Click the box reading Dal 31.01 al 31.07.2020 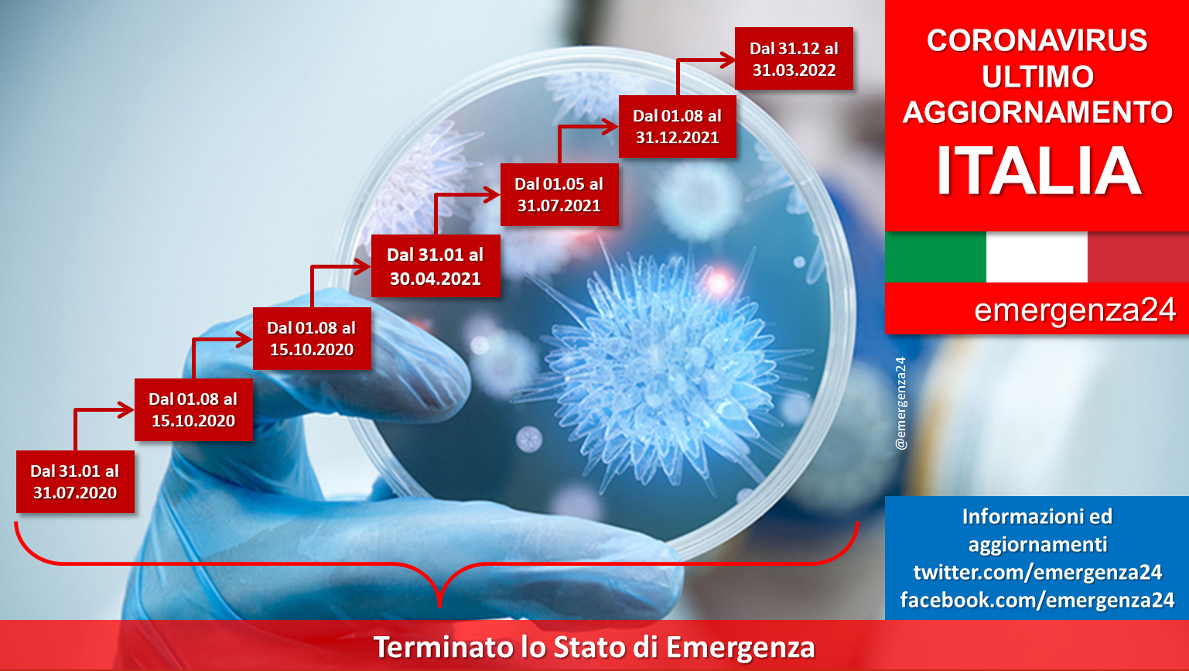(75, 481)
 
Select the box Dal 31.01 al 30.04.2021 (436, 266)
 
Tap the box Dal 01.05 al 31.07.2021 (559, 194)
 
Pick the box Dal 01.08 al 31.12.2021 (678, 126)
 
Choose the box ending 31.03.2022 (794, 58)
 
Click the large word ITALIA (1037, 171)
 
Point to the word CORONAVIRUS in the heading (1037, 40)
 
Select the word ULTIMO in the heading (1037, 77)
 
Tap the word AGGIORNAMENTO (1037, 112)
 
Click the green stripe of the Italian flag (935, 257)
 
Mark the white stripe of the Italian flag (1037, 257)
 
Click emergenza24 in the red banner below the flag (1075, 310)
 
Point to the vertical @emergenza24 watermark (900, 403)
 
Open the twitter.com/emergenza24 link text (1037, 572)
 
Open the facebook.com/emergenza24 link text (1037, 600)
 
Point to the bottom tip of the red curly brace (439, 606)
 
